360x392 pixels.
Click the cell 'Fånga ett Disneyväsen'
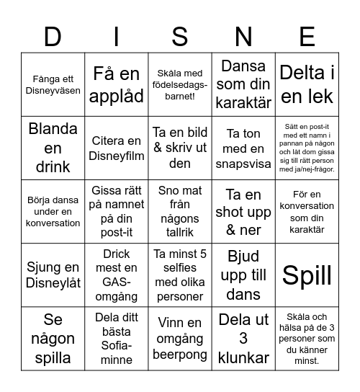pyautogui.click(x=53, y=85)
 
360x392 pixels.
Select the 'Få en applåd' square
pyautogui.click(x=117, y=85)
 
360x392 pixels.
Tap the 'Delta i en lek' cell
pyautogui.click(x=307, y=85)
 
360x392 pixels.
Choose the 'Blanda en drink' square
pyautogui.click(x=53, y=148)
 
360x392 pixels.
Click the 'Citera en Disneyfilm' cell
pyautogui.click(x=117, y=148)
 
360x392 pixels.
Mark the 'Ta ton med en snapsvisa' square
pyautogui.click(x=243, y=148)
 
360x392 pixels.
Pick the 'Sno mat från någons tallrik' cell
pyautogui.click(x=180, y=211)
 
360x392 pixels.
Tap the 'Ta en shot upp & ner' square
pyautogui.click(x=243, y=211)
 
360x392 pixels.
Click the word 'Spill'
pyautogui.click(x=307, y=275)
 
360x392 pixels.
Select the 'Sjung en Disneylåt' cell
pyautogui.click(x=53, y=275)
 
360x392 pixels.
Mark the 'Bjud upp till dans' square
pyautogui.click(x=243, y=275)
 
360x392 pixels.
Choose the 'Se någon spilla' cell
pyautogui.click(x=53, y=339)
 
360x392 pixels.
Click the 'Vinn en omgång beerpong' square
pyautogui.click(x=180, y=339)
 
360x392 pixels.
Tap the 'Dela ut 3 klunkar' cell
pyautogui.click(x=243, y=339)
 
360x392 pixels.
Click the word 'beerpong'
pyautogui.click(x=180, y=355)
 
